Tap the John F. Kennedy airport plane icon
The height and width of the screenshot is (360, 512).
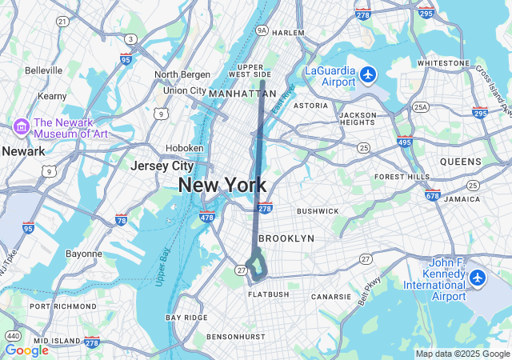click(478, 278)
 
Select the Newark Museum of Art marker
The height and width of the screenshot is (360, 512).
click(21, 127)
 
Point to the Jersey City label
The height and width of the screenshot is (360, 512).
click(162, 166)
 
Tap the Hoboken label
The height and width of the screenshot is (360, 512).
click(184, 148)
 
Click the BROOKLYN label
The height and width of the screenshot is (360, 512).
click(287, 238)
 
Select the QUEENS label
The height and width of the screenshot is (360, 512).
click(460, 162)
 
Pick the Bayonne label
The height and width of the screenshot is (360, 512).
click(83, 254)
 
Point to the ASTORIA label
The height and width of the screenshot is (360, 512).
click(310, 106)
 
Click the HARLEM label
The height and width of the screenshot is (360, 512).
click(288, 33)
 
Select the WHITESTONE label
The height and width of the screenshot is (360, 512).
click(443, 62)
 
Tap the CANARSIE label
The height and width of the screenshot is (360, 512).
click(331, 296)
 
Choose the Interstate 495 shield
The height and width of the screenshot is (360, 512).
click(405, 142)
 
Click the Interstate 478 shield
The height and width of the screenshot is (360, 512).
click(207, 217)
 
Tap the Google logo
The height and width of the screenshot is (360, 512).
click(26, 350)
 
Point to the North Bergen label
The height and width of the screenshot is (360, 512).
click(182, 74)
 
